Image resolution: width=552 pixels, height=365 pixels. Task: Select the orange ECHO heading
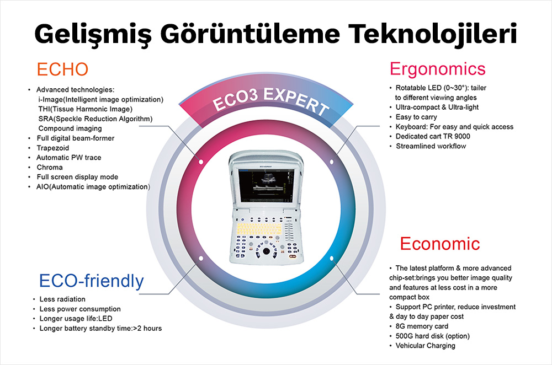click(62, 69)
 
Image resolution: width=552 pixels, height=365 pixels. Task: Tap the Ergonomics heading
click(437, 69)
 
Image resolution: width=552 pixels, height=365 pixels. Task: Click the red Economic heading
click(440, 243)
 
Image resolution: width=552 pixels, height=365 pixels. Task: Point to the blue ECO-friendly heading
click(91, 281)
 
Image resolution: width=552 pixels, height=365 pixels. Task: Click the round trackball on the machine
click(267, 251)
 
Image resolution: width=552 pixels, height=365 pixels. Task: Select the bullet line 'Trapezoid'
click(54, 148)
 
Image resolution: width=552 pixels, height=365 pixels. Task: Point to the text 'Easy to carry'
click(416, 117)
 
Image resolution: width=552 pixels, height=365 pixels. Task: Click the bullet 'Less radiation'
click(62, 299)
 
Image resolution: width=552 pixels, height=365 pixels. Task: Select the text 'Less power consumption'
click(80, 309)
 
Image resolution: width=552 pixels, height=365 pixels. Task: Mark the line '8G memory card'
click(422, 326)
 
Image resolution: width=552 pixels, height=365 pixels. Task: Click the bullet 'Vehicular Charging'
click(426, 346)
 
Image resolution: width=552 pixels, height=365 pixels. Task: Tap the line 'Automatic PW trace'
click(69, 158)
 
